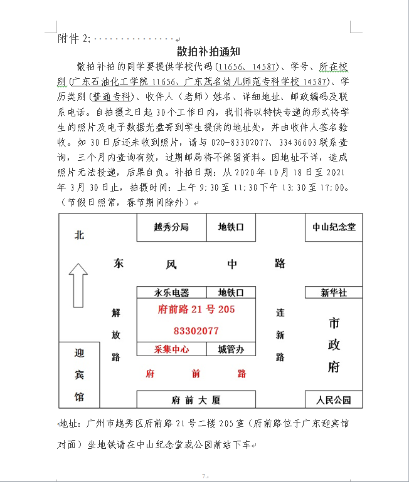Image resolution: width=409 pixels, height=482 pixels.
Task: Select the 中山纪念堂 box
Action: click(334, 227)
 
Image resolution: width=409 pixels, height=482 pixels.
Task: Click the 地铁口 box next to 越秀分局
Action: click(231, 227)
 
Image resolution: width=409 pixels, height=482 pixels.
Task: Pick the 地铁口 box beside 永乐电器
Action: click(231, 292)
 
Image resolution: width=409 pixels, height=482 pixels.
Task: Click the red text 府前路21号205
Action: click(196, 309)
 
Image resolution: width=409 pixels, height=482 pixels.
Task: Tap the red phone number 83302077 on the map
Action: click(196, 331)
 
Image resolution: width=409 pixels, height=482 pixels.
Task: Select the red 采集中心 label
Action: click(171, 349)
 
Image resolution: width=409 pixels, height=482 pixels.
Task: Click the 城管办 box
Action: click(231, 349)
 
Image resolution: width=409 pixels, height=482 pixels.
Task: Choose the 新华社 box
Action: click(334, 292)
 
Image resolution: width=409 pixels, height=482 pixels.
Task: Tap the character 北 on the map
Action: click(79, 235)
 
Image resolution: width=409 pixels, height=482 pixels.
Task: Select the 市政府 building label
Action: click(334, 344)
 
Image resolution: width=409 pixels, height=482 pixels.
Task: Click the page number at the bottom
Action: click(204, 476)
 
